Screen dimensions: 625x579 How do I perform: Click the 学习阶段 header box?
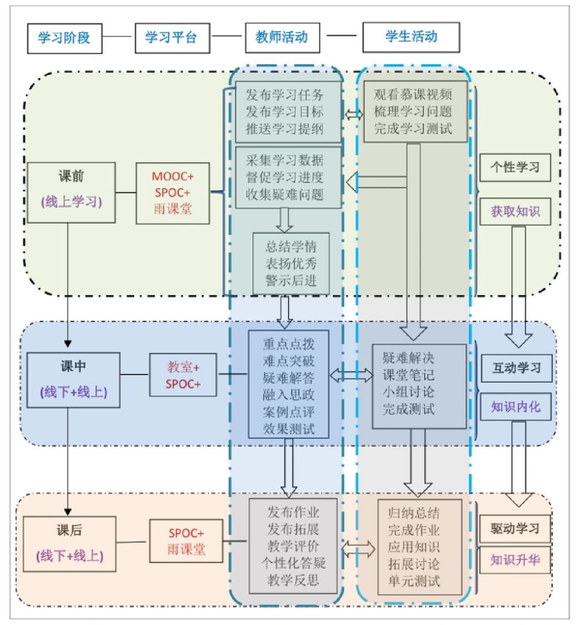[x=64, y=38]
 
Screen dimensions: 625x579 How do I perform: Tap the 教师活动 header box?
[x=282, y=38]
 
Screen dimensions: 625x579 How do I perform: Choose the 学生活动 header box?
[x=411, y=37]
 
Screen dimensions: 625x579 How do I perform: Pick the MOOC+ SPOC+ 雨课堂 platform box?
[x=172, y=193]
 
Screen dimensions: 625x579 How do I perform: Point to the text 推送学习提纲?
[x=285, y=129]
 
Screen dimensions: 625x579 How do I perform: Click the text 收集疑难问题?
[x=285, y=195]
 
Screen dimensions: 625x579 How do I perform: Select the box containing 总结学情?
[x=291, y=264]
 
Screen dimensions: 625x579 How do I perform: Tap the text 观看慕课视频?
[x=413, y=94]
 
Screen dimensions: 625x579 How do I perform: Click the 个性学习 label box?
[x=515, y=167]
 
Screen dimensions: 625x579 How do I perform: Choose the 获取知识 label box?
[x=515, y=211]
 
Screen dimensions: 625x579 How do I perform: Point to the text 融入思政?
[x=289, y=395]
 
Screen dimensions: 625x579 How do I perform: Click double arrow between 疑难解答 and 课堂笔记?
[x=351, y=375]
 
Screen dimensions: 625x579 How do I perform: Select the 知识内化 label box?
[x=516, y=407]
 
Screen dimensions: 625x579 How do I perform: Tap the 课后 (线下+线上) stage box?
[x=69, y=544]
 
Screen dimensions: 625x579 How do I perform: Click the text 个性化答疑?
[x=293, y=563]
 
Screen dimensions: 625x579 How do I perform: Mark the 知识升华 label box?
[x=515, y=560]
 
